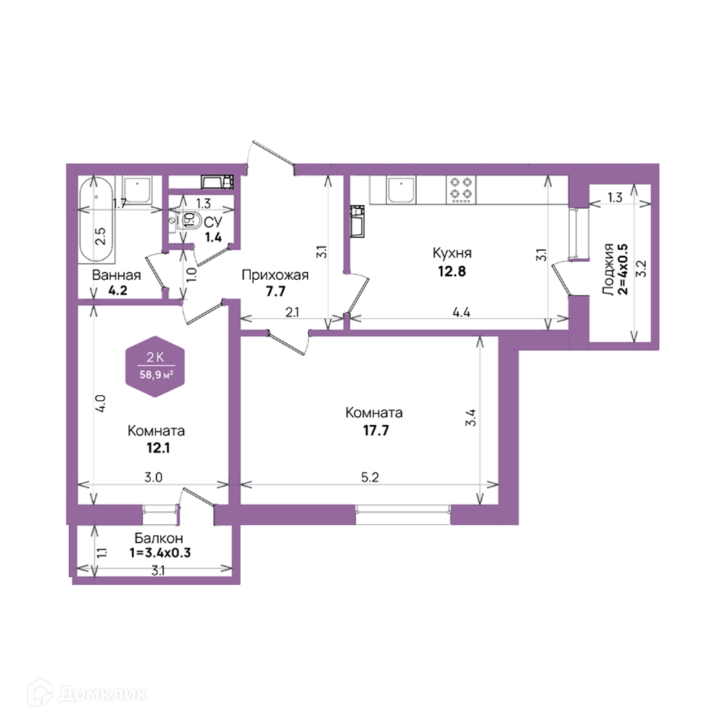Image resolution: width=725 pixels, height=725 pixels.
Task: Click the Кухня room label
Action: [x=452, y=253]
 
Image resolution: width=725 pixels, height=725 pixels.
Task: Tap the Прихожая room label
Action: [x=275, y=275]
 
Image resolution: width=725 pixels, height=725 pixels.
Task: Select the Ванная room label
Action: [x=116, y=275]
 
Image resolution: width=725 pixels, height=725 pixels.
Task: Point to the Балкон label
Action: [x=159, y=538]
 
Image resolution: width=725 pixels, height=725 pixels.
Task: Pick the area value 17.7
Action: [x=376, y=431]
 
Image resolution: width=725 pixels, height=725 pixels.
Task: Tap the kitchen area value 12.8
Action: [x=452, y=271]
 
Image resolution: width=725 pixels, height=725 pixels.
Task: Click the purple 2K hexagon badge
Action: [x=155, y=366]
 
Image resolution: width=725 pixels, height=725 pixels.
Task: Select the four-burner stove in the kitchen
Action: [x=461, y=189]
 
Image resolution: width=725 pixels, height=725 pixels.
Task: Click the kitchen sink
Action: [x=402, y=190]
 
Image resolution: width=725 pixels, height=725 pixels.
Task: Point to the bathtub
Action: [x=96, y=220]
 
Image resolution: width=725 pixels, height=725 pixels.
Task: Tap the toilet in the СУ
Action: [x=188, y=220]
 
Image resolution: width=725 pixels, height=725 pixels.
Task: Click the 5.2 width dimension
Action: [x=370, y=477]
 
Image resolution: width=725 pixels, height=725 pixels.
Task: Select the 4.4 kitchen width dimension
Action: [x=461, y=312]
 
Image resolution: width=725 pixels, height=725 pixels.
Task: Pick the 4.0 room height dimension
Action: [x=101, y=403]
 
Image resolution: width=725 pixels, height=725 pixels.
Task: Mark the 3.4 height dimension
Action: [x=471, y=418]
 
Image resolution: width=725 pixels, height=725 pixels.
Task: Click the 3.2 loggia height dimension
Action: [x=642, y=269]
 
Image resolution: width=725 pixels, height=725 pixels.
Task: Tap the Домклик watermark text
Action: [x=103, y=694]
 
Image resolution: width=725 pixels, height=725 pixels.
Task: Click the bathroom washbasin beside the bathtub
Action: [x=137, y=190]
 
